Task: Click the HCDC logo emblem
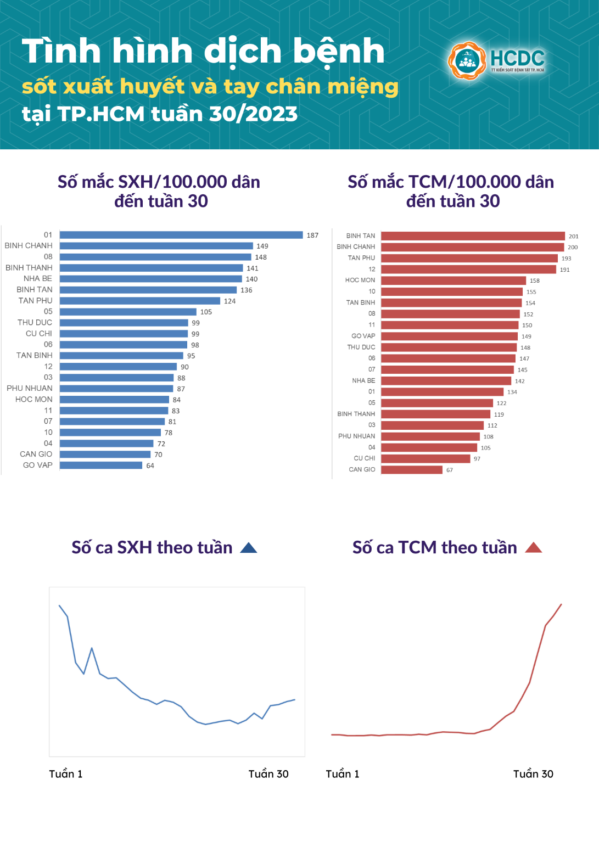[x=467, y=60]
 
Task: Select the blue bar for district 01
[x=181, y=235]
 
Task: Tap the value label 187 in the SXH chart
[x=312, y=235]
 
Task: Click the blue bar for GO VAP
[x=101, y=465]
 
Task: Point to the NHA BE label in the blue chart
[x=38, y=279]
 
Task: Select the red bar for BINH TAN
[x=473, y=236]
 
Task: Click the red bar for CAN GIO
[x=412, y=470]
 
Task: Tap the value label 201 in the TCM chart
[x=573, y=237]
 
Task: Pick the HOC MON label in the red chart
[x=360, y=281]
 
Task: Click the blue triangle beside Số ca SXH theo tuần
[x=249, y=548]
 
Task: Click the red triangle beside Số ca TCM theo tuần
[x=533, y=548]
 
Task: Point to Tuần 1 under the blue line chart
[x=66, y=774]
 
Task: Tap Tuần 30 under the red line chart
[x=533, y=774]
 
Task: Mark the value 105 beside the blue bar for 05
[x=206, y=312]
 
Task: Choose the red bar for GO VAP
[x=449, y=336]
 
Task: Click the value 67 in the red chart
[x=450, y=470]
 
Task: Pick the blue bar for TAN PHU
[x=140, y=301]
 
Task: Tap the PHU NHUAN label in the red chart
[x=356, y=436]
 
